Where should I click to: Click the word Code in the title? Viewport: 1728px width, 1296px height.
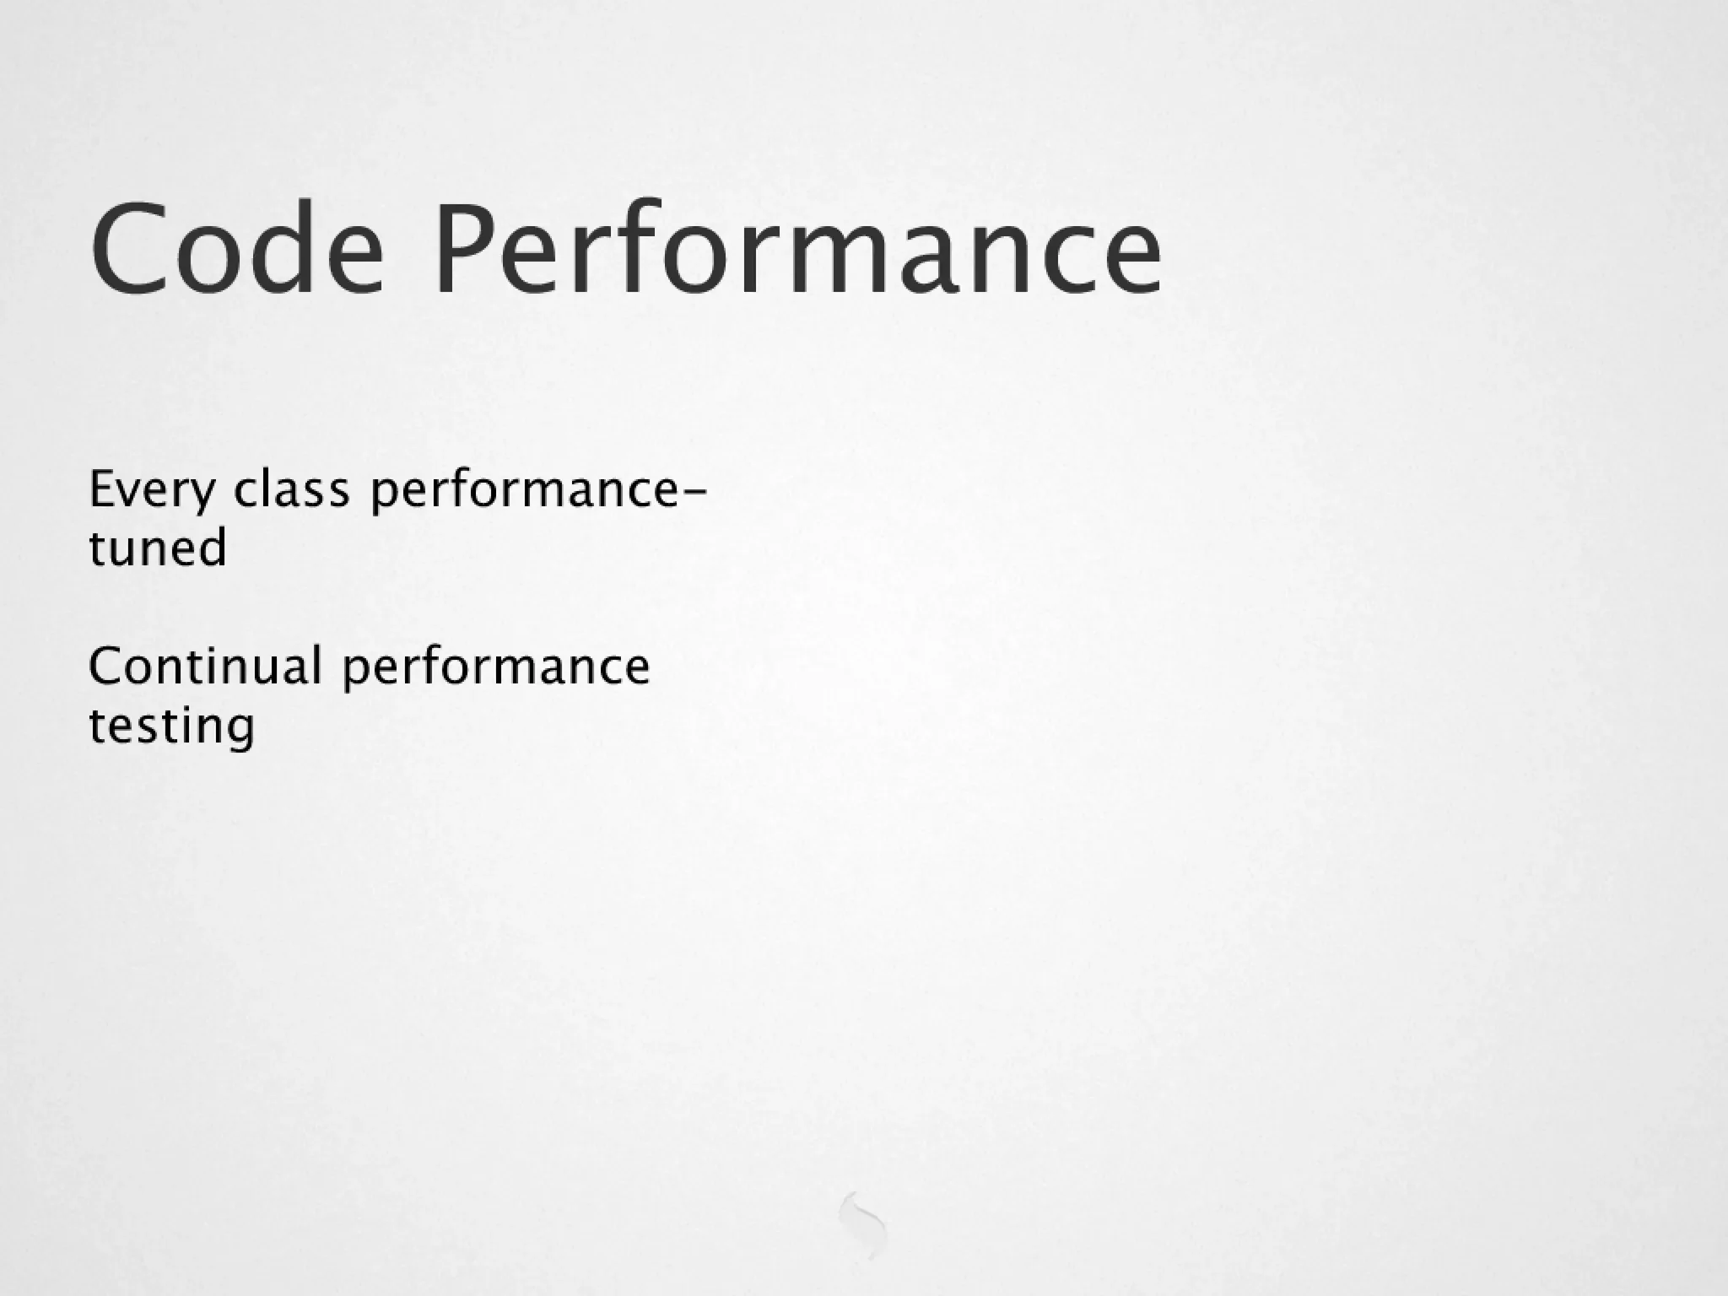pos(237,249)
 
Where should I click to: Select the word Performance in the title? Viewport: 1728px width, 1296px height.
pos(797,249)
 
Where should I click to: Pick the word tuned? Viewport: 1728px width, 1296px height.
pos(158,548)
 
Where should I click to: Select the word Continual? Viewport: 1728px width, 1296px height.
pos(205,666)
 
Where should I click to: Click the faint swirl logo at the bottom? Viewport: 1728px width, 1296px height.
pos(863,1224)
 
